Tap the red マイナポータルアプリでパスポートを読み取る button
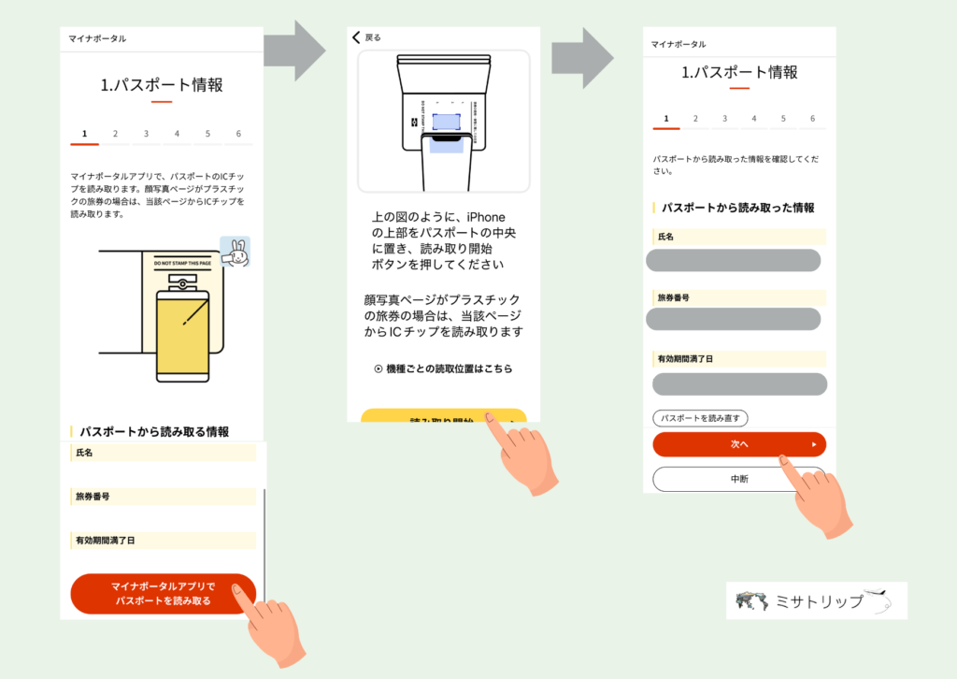pyautogui.click(x=163, y=593)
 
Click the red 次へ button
pyautogui.click(x=738, y=444)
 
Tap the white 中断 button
pyautogui.click(x=738, y=479)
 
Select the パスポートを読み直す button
pyautogui.click(x=700, y=418)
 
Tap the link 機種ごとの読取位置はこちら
pyautogui.click(x=443, y=369)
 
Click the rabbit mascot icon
pyautogui.click(x=235, y=253)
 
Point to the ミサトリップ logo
pyautogui.click(x=816, y=600)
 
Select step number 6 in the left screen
pyautogui.click(x=237, y=134)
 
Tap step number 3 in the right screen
pyautogui.click(x=724, y=119)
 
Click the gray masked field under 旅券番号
pyautogui.click(x=734, y=320)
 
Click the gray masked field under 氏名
pyautogui.click(x=734, y=260)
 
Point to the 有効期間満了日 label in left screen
pyautogui.click(x=106, y=540)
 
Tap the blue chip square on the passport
pyautogui.click(x=447, y=122)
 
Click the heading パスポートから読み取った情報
pyautogui.click(x=737, y=208)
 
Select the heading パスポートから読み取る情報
pyautogui.click(x=154, y=432)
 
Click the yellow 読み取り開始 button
pyautogui.click(x=443, y=417)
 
